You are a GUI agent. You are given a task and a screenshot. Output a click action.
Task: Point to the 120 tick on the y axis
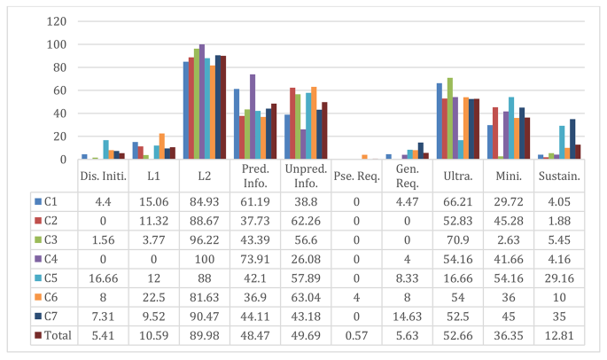point(56,21)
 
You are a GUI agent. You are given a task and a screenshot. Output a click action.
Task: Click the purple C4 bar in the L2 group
point(202,102)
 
